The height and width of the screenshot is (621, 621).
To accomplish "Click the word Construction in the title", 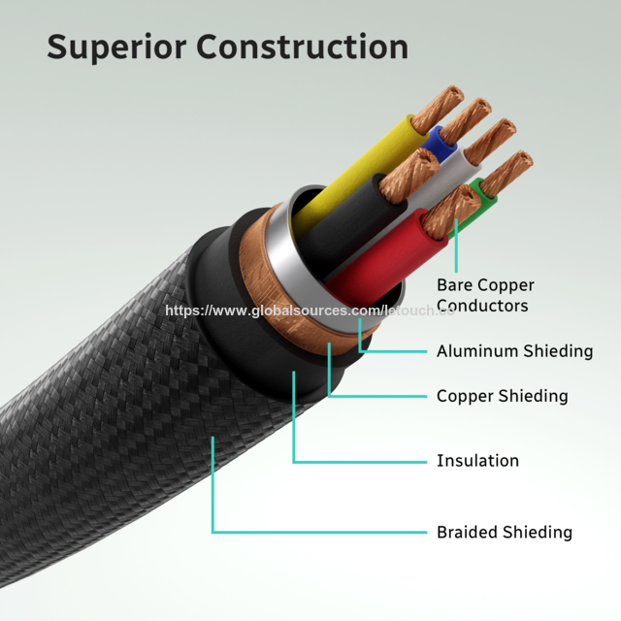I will pos(304,47).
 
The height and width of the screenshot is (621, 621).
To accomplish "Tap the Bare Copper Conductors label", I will pos(485,295).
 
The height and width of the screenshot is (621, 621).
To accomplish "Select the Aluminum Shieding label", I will pos(514,351).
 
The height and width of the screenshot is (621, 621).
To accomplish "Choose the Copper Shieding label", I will pos(502,396).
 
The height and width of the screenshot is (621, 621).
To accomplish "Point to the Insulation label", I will pos(477,461).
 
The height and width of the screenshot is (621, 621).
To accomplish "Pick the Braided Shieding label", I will pos(504,532).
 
